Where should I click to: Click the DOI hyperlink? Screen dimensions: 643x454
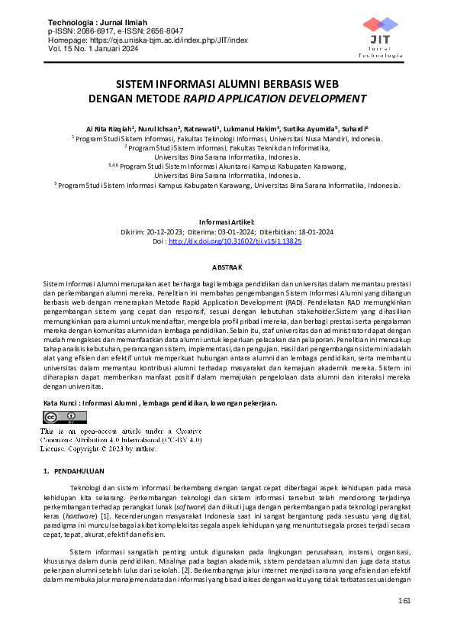click(234, 241)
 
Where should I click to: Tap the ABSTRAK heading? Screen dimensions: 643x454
click(227, 267)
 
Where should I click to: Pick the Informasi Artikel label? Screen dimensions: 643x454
click(227, 221)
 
